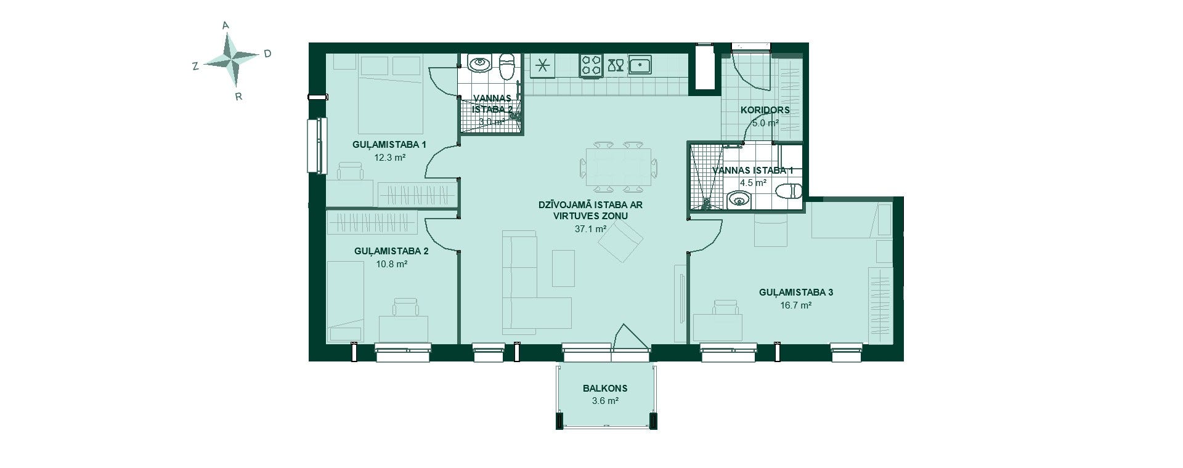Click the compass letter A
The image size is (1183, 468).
226,25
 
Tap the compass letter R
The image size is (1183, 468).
238,97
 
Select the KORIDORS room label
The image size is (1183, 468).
766,110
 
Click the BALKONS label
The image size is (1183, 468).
605,389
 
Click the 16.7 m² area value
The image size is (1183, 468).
795,305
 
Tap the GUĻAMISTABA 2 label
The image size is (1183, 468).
391,251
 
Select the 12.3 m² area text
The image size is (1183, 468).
389,157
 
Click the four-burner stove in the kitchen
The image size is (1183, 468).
591,65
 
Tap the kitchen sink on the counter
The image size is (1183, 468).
640,64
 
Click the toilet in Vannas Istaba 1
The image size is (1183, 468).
789,191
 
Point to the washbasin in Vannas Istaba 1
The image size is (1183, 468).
739,200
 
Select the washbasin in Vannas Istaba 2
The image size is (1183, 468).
478,63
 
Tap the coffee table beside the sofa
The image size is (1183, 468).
563,268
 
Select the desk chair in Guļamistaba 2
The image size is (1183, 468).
406,307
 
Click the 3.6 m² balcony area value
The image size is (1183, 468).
604,401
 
